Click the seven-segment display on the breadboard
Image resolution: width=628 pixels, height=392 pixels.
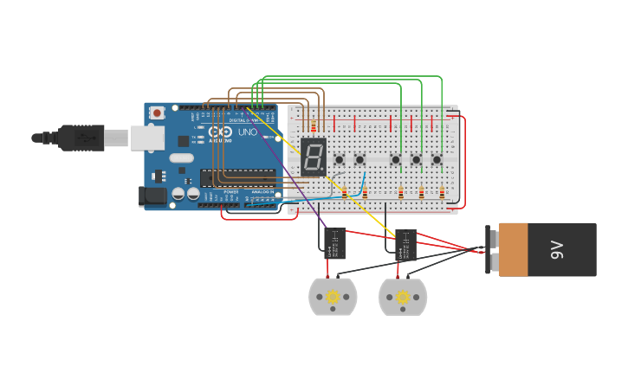coord(314,157)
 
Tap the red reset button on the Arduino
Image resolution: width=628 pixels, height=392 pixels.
coord(157,112)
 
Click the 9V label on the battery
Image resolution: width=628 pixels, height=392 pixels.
coord(556,250)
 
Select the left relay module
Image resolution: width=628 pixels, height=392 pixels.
coord(334,243)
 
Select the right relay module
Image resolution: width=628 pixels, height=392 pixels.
coord(405,245)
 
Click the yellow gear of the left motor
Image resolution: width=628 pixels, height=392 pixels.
coord(333,297)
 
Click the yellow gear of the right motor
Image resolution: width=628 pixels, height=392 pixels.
coord(403,298)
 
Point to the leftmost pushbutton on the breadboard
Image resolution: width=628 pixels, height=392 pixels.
coord(340,159)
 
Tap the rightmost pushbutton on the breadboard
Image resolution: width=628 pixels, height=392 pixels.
coord(437,159)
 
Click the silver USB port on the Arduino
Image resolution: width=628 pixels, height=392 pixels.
coord(147,138)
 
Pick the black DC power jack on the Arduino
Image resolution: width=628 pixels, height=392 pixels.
coord(153,196)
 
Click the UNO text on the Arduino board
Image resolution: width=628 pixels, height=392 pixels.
coord(247,132)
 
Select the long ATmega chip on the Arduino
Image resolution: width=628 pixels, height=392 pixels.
coord(238,177)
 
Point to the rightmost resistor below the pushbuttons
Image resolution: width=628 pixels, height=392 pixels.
coord(442,194)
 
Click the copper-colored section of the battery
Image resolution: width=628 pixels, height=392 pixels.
coord(513,250)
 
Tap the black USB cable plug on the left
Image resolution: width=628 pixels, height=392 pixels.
coord(81,138)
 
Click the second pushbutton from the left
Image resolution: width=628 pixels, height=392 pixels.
coord(359,159)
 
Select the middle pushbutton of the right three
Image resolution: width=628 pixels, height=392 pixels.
coord(416,159)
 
